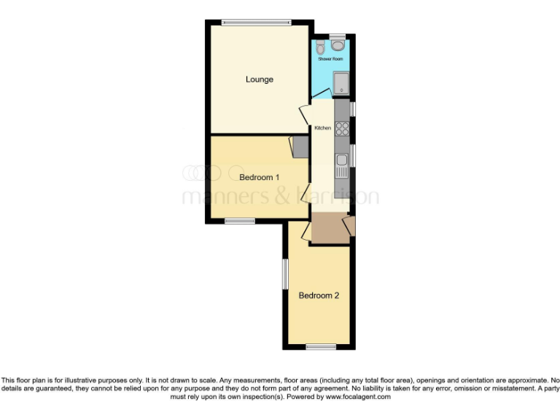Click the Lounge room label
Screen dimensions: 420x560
pos(259,79)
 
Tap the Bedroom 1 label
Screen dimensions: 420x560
pos(260,177)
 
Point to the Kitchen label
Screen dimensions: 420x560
pos(322,128)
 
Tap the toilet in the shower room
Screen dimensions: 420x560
pos(322,44)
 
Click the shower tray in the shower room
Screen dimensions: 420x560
pos(341,83)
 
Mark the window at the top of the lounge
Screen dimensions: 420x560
pos(255,22)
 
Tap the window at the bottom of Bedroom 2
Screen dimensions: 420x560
pos(320,346)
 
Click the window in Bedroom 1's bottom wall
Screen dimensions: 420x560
pos(239,220)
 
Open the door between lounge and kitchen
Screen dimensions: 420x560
pos(305,115)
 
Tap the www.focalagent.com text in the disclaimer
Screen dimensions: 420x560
pos(357,397)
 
